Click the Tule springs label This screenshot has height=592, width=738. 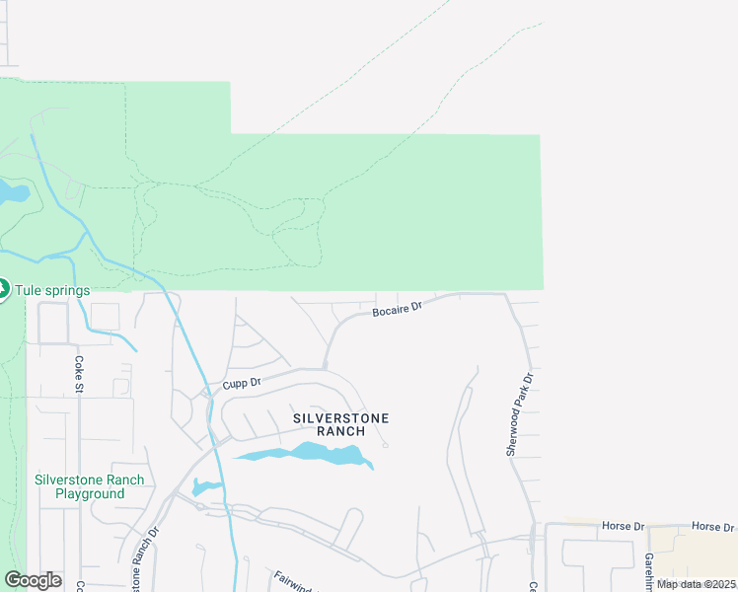tap(52, 290)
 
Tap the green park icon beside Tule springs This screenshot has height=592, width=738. tap(4, 289)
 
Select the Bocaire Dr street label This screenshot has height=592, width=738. tap(397, 310)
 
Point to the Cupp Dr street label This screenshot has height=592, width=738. tap(241, 382)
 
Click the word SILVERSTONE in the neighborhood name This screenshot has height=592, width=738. tap(341, 418)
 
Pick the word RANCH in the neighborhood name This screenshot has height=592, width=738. tap(341, 431)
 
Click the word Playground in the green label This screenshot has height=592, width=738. tap(90, 493)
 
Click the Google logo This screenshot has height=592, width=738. tap(33, 580)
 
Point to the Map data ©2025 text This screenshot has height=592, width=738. tap(696, 584)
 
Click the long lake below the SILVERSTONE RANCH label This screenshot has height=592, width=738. tap(306, 454)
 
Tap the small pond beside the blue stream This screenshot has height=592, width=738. tap(205, 486)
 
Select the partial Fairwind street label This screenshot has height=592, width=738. tap(292, 581)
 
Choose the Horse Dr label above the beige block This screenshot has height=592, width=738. tap(713, 527)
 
